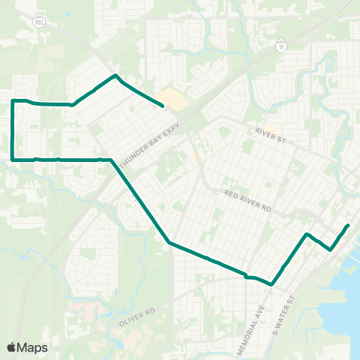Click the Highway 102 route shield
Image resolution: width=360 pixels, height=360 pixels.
click(38, 22)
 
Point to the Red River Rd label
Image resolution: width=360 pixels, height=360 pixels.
click(247, 197)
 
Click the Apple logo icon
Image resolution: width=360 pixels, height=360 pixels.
click(11, 347)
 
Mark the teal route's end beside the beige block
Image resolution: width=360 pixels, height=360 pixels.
click(163, 106)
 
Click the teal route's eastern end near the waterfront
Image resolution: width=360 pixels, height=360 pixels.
click(348, 225)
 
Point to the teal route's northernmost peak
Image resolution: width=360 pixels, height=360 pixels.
click(114, 75)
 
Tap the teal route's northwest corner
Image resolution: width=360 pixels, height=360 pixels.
click(13, 100)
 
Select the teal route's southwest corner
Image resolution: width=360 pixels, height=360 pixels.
click(13, 159)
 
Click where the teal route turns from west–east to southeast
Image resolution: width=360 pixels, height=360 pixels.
click(111, 160)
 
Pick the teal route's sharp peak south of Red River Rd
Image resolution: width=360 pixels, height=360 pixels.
click(307, 235)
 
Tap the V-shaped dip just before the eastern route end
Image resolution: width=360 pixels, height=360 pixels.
click(331, 250)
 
